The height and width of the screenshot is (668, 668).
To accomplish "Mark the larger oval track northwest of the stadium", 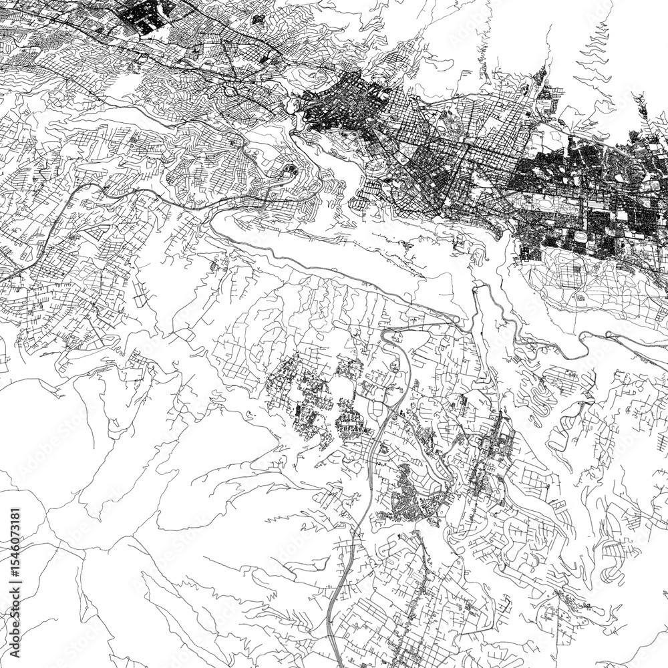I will click(x=546, y=201).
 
